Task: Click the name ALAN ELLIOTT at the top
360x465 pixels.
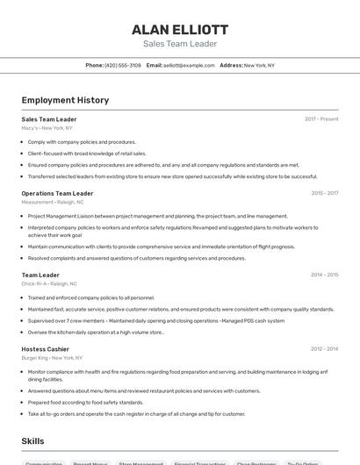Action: coord(179,29)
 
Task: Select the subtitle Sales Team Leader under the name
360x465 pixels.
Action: coord(179,44)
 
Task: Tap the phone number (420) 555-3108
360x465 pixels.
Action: coord(123,65)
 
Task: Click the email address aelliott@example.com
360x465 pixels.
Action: coord(189,65)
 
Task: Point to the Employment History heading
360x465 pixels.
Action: coord(65,100)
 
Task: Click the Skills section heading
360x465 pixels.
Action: coord(33,440)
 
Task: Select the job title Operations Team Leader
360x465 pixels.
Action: coord(57,193)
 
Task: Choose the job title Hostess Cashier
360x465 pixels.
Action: coord(46,349)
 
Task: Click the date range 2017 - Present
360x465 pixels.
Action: coord(321,119)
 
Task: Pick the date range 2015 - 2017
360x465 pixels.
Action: coord(324,193)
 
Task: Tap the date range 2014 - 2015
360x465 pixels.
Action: coord(324,275)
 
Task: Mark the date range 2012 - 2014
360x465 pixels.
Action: coord(324,349)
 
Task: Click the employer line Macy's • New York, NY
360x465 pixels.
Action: coord(47,128)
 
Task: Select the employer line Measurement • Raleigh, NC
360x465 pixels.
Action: coord(53,202)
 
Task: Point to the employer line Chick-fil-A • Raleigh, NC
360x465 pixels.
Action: coord(49,284)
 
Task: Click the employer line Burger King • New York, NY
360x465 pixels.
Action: coord(52,358)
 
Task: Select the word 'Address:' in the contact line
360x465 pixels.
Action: coord(231,65)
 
